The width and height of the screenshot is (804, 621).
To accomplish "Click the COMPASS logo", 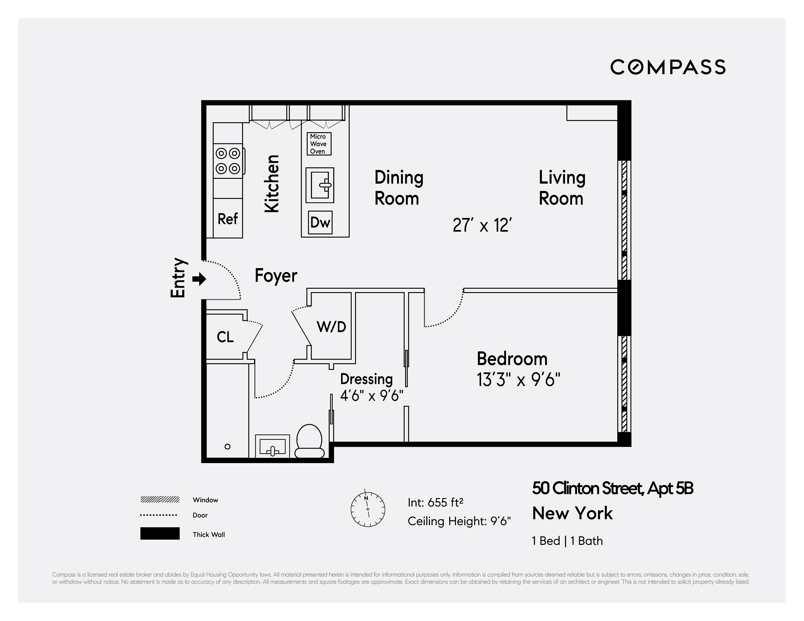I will click(x=668, y=67).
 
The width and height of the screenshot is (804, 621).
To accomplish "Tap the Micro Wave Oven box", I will click(x=319, y=144).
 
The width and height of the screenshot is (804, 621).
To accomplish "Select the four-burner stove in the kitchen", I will click(x=228, y=161).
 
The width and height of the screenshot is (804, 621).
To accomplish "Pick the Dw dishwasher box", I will click(x=320, y=222).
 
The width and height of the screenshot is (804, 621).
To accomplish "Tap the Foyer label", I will click(x=276, y=276).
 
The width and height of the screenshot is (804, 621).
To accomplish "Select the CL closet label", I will click(x=225, y=337).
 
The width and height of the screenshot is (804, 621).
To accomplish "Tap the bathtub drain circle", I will click(x=228, y=447).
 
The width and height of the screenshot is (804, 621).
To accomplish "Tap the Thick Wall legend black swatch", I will click(x=160, y=533).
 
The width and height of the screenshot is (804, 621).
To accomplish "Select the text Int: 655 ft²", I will click(x=435, y=502).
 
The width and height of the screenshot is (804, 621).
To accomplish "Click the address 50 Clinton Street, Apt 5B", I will click(x=613, y=488).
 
